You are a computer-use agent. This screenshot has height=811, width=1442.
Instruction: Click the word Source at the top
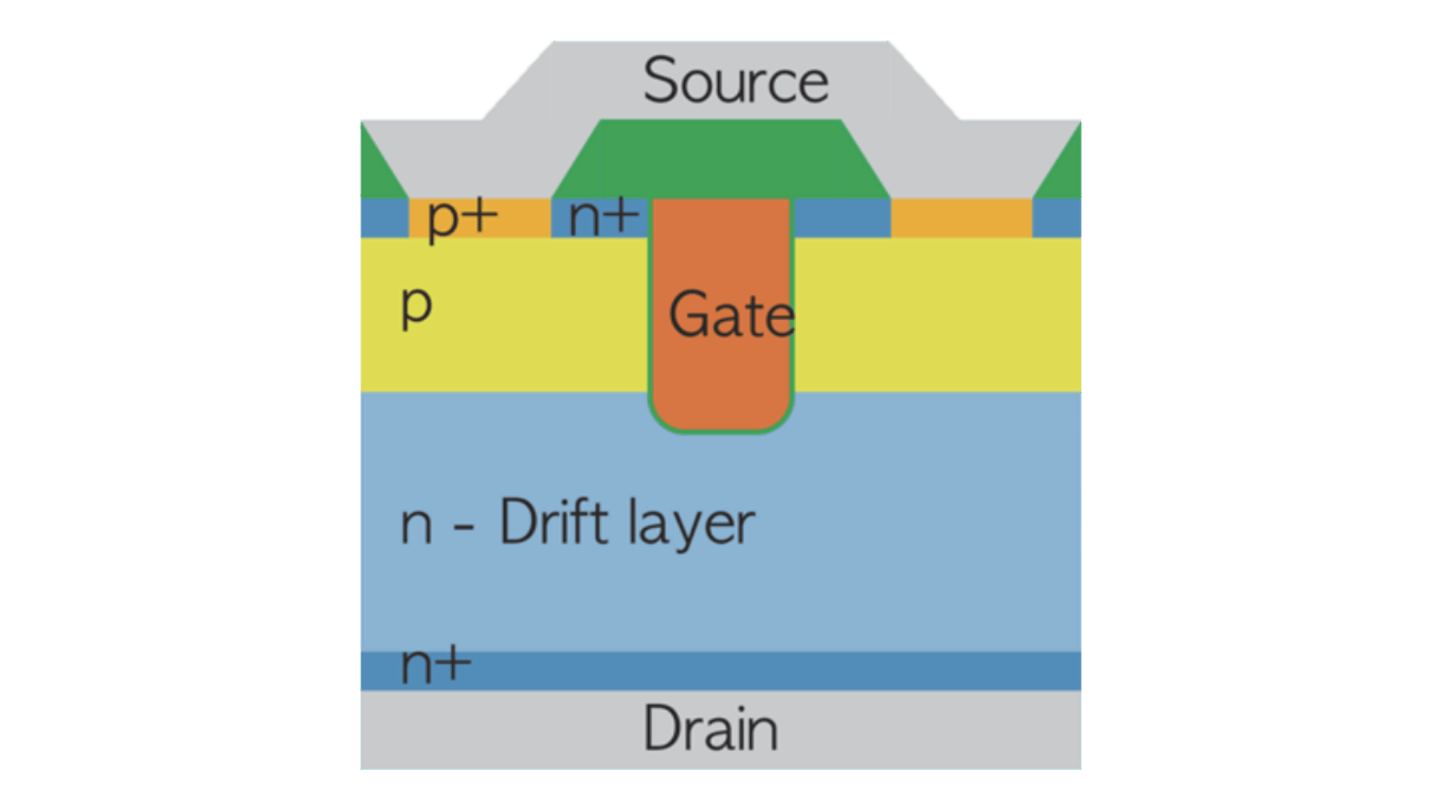[x=735, y=80]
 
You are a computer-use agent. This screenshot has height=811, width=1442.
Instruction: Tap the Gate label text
[x=731, y=315]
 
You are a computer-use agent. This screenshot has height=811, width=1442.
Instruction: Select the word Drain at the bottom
[x=710, y=728]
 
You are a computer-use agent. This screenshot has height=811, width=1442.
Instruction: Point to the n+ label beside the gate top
[x=604, y=217]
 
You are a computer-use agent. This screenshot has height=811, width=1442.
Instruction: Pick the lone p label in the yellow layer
[x=417, y=306]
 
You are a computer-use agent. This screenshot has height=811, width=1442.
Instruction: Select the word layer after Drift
[x=691, y=524]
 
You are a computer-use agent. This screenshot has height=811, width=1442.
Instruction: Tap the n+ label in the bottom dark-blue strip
[x=436, y=664]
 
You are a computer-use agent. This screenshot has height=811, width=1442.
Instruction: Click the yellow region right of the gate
[x=939, y=315]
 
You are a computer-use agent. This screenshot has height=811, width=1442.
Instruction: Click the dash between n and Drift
[x=464, y=527]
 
